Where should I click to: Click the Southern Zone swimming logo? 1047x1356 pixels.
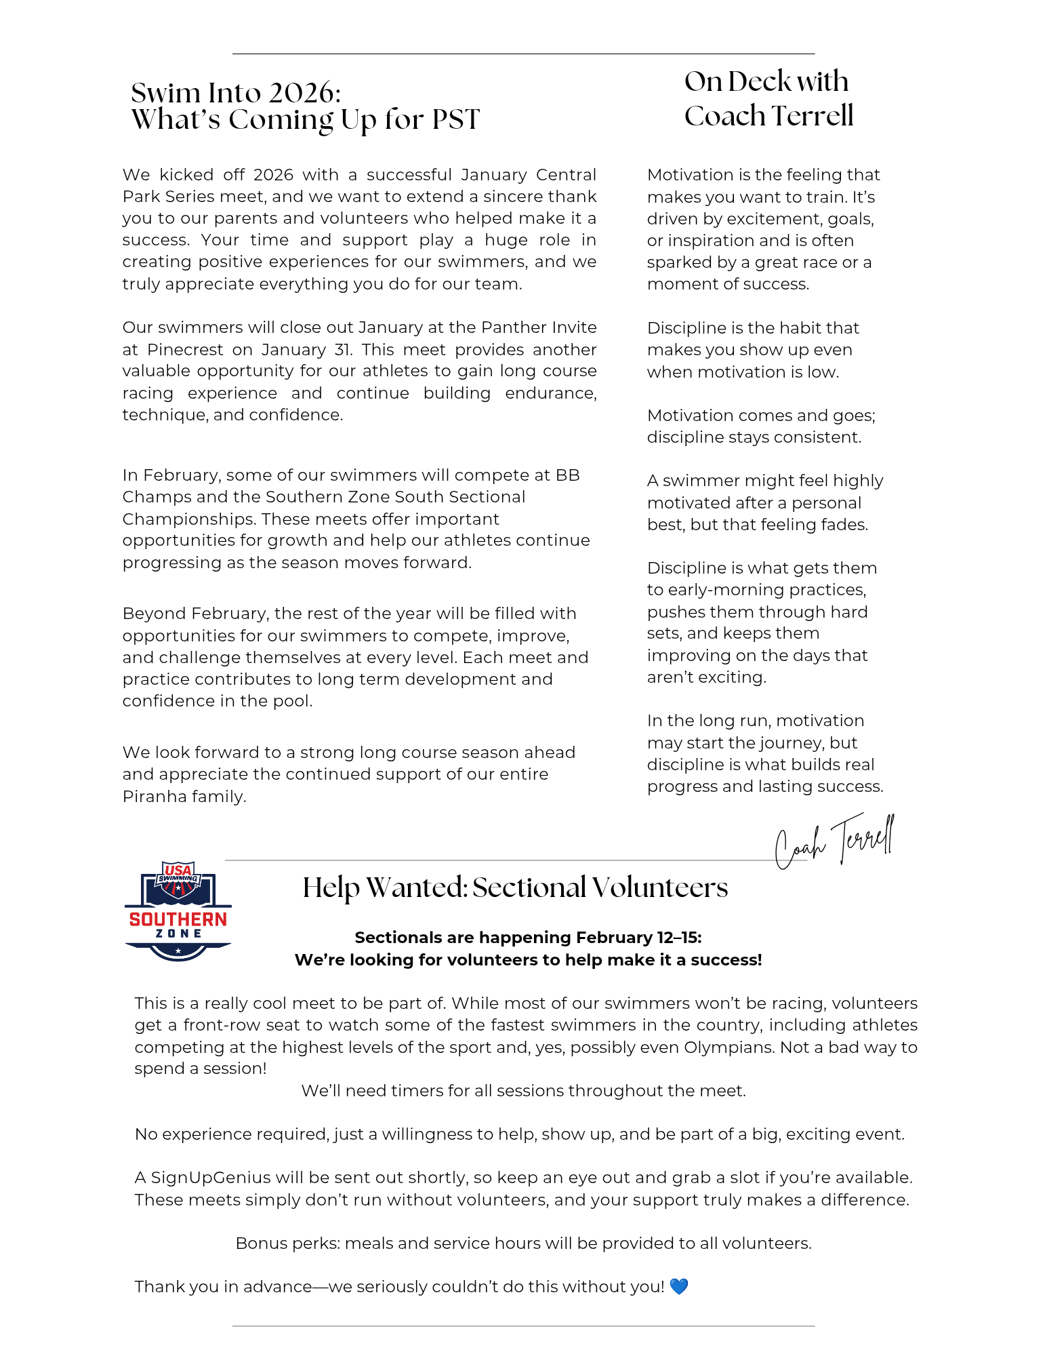coord(178,910)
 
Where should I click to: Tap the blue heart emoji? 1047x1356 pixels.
coord(678,1286)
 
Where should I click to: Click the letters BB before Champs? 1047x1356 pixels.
coord(567,475)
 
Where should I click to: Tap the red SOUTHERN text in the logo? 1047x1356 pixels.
coord(178,919)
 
